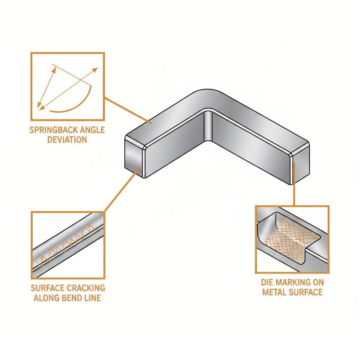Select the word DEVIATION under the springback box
click(67, 139)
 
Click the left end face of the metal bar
click(134, 157)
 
